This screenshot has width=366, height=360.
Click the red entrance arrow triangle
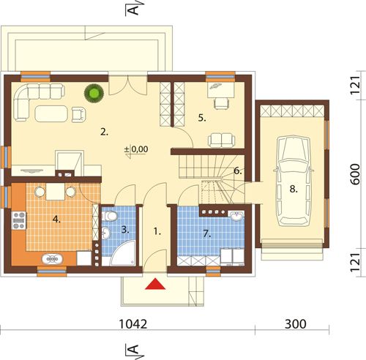(155, 284)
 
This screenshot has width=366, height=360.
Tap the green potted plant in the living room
(94, 93)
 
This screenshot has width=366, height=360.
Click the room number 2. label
(104, 132)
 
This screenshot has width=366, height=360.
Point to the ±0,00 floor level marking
(136, 149)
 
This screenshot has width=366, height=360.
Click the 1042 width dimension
(133, 324)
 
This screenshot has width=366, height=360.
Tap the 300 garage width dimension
(296, 324)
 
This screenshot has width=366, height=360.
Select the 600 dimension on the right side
(355, 174)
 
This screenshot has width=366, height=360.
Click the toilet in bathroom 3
(110, 216)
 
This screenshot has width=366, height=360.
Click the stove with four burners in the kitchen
(19, 220)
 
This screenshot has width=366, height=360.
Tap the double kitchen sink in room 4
(52, 259)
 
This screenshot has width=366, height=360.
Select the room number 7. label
(206, 234)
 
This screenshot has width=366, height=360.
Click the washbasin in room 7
(236, 216)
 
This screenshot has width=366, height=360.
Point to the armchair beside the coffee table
(79, 115)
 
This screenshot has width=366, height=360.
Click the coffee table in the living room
(51, 113)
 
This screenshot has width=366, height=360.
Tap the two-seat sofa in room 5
(222, 140)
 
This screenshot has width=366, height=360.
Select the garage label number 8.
(294, 189)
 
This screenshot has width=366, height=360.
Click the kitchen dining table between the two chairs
(56, 192)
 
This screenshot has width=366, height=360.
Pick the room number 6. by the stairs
(238, 171)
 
